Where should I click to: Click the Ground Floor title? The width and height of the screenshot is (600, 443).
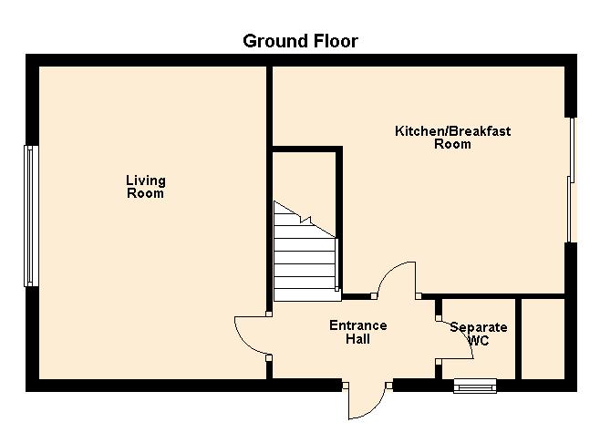(300, 41)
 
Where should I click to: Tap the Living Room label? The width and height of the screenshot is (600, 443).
(146, 187)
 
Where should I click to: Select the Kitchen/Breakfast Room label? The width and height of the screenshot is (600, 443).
(452, 138)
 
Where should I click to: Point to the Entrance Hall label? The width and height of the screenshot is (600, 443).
(358, 332)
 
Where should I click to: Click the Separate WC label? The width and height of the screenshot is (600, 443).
(479, 334)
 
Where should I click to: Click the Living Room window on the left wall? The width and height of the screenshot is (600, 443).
(31, 216)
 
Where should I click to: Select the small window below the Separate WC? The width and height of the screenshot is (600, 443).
(475, 386)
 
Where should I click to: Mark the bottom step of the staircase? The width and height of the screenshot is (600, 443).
(307, 295)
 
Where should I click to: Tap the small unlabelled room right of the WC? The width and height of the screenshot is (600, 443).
(543, 339)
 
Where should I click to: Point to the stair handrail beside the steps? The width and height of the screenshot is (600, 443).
(336, 264)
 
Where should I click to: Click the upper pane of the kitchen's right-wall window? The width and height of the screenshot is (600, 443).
(573, 149)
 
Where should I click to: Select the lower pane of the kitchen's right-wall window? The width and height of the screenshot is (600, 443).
(569, 209)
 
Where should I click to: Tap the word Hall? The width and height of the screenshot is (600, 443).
(358, 339)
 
